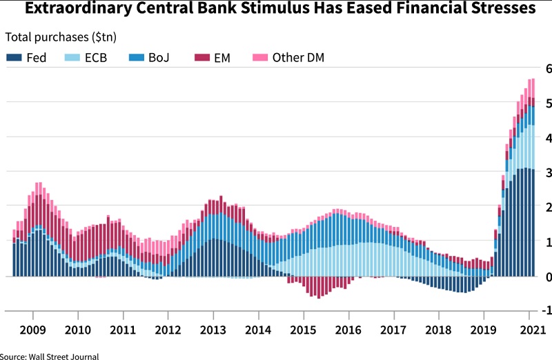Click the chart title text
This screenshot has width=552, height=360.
coord(276,10)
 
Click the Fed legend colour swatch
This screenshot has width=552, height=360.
coord(13,57)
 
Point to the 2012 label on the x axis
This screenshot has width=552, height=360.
coord(168,329)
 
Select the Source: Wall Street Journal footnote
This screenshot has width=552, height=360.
coord(50,356)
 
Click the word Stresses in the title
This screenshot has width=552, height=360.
coord(497,10)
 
